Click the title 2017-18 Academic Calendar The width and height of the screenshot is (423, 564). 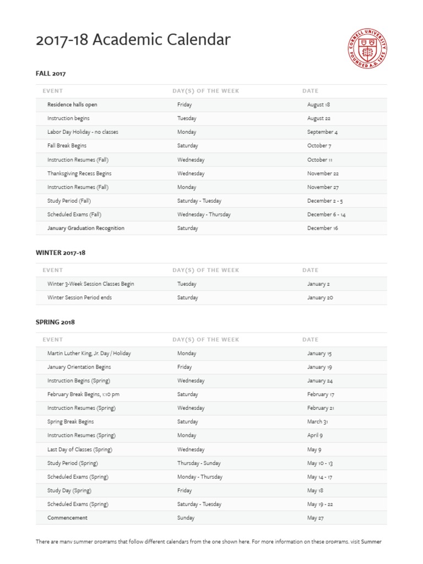point(133,40)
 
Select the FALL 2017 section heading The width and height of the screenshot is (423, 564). point(51,73)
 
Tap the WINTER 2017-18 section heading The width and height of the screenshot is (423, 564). point(61,253)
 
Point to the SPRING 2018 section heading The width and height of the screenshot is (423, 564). point(55,322)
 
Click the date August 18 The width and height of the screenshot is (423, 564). point(318,105)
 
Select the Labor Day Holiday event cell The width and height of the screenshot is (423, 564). point(83,132)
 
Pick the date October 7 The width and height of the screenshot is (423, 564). point(319,146)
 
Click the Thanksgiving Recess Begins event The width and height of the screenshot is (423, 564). point(79,173)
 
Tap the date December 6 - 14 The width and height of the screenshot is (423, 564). point(326,215)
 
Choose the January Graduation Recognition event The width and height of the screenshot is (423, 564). point(86,228)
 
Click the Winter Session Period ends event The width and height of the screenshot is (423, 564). point(83,298)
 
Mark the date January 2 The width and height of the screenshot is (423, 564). point(318,284)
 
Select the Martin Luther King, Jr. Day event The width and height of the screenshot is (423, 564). point(89,354)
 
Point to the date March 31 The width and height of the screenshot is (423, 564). point(317,422)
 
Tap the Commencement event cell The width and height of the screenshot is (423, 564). point(67,518)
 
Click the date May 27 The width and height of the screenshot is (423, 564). point(316,518)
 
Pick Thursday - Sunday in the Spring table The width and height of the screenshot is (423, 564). point(199,463)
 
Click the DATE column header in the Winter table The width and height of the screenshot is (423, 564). point(310,270)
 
